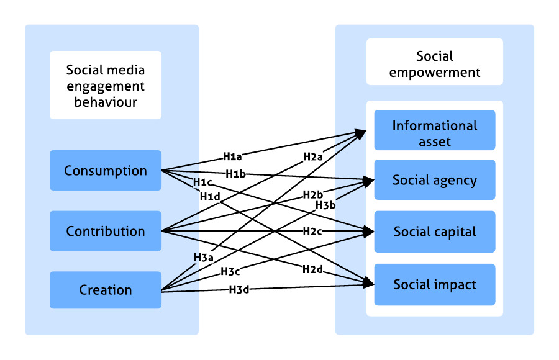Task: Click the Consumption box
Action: click(x=106, y=171)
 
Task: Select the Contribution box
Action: click(x=106, y=232)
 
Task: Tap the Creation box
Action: click(x=106, y=290)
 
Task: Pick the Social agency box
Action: click(x=434, y=181)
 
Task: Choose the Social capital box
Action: click(x=434, y=232)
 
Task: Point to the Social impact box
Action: click(x=434, y=285)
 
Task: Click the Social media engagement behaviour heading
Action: click(x=106, y=85)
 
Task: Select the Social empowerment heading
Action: click(x=434, y=65)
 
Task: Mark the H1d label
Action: click(x=209, y=196)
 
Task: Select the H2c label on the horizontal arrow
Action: click(x=312, y=232)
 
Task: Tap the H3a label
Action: click(x=203, y=257)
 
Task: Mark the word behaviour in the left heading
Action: click(x=106, y=101)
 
